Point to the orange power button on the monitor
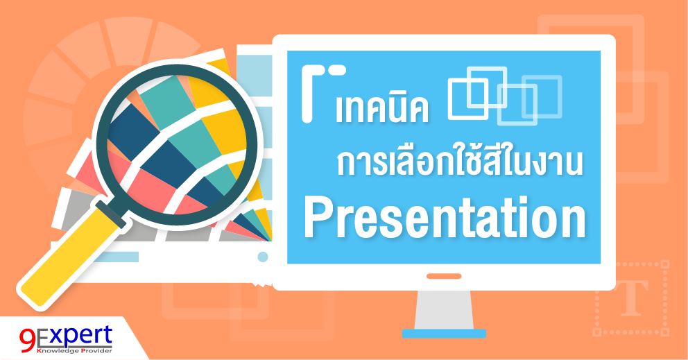(x=444, y=276)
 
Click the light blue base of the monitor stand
(x=444, y=334)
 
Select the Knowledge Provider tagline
(x=69, y=351)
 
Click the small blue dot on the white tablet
(x=263, y=257)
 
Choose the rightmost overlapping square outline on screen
(x=542, y=96)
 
